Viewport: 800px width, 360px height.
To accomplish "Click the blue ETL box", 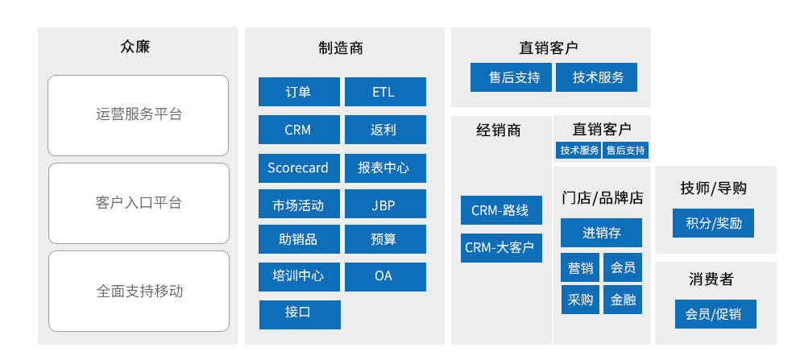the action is pos(385,92).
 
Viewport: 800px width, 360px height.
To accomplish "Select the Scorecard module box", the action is pos(299,168).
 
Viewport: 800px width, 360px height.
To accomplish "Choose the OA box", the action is pos(385,277).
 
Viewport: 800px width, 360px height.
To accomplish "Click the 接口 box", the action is pos(300,315).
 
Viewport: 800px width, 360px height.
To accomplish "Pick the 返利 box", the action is pos(385,130).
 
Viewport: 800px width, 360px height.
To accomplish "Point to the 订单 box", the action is pos(299,92).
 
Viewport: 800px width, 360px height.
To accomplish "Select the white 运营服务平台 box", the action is pos(139,115).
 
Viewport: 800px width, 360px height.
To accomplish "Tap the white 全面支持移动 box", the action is pos(139,292).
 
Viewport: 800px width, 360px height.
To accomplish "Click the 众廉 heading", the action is pos(135,47).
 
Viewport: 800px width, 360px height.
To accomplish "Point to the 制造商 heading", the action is pos(341,48).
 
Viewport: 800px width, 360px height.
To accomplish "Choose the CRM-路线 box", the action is pos(501,210).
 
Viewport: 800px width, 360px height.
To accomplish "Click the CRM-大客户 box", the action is pos(501,248).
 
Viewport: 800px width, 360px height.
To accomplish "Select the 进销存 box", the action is pos(601,233).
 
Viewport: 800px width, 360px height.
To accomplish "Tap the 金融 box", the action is pos(623,300).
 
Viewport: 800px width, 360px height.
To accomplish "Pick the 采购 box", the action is pos(580,300).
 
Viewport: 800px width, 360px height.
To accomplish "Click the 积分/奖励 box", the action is pos(713,223).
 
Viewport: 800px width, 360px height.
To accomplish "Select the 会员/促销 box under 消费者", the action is pos(715,314).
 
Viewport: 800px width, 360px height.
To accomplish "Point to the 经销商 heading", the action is pos(499,130).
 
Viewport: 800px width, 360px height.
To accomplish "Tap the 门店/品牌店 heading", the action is pos(603,198).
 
